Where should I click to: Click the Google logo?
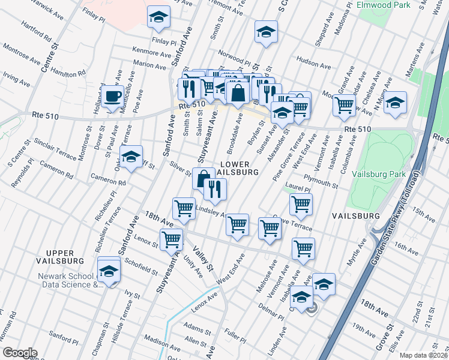click(20, 353)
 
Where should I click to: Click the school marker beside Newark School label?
click(109, 270)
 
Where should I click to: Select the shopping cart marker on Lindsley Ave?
click(184, 209)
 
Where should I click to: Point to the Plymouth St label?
click(321, 182)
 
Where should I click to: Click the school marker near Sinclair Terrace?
click(131, 157)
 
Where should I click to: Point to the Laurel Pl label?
click(298, 188)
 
